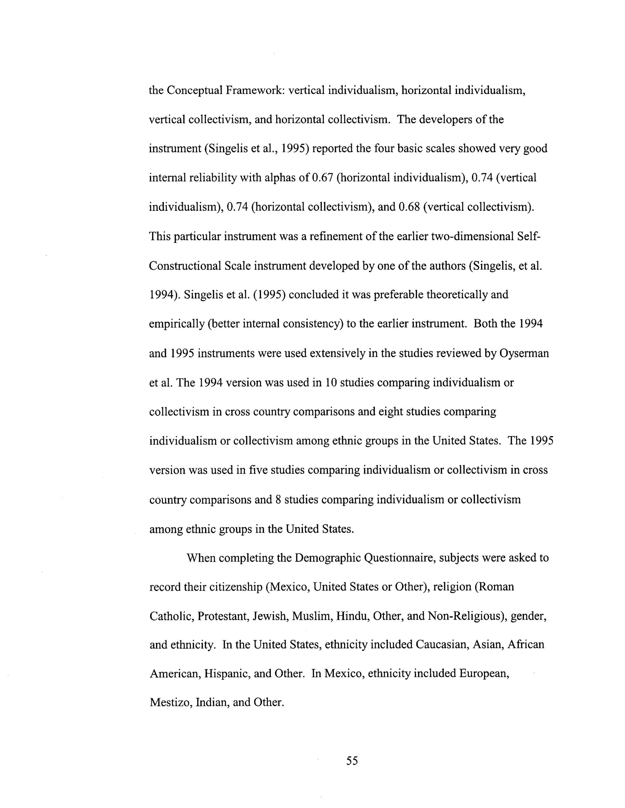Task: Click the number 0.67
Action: point(323,178)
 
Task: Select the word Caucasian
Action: point(441,645)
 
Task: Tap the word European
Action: point(484,674)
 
